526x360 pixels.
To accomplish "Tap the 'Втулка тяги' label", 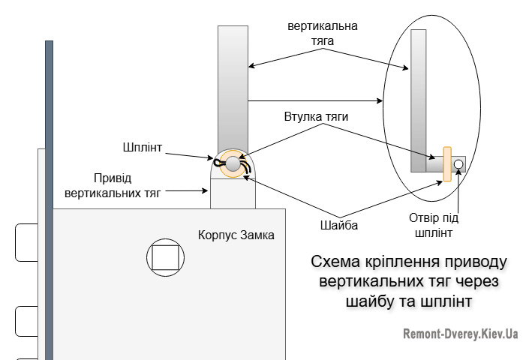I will [316, 117].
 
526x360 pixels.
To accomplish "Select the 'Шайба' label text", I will [336, 224].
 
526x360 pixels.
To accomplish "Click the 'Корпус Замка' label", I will [236, 235].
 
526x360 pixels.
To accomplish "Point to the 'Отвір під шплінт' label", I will [434, 225].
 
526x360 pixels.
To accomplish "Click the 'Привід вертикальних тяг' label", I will [113, 186].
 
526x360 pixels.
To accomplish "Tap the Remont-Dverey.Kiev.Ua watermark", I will [460, 334].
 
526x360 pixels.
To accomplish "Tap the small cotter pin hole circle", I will [458, 164].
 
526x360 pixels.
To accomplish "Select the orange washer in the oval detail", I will [446, 164].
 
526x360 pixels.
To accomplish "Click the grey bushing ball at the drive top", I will [233, 163].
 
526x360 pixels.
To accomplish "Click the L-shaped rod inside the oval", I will [419, 97].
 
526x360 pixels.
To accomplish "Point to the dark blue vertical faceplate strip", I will [49, 195].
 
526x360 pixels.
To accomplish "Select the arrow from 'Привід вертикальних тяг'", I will [188, 191].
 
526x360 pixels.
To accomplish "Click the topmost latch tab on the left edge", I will [26, 241].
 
